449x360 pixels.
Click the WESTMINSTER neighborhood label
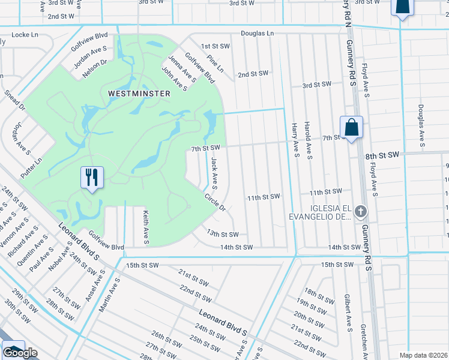(x=139, y=94)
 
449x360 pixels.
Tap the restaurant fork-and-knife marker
(x=92, y=178)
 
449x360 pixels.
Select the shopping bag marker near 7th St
(x=351, y=127)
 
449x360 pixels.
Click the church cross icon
(x=360, y=211)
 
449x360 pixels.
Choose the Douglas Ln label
(x=257, y=34)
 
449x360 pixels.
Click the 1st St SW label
(x=215, y=46)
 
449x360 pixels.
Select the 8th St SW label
(x=382, y=155)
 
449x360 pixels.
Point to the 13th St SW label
(x=223, y=234)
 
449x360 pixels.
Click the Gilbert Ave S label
(x=348, y=312)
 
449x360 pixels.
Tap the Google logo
(x=20, y=353)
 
